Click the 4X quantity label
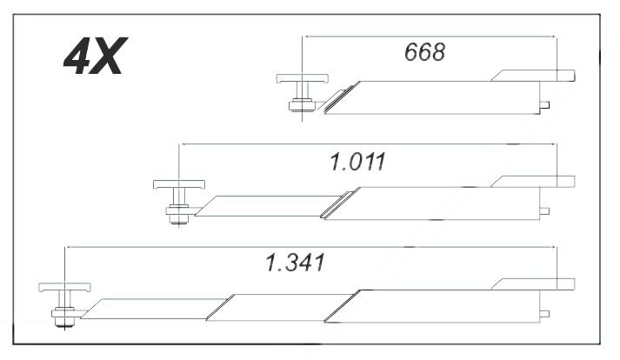[96, 56]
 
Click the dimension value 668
[424, 52]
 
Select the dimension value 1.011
[357, 162]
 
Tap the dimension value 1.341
[296, 263]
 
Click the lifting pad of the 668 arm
[303, 78]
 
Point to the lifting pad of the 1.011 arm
[179, 184]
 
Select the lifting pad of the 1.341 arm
[64, 287]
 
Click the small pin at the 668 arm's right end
[544, 105]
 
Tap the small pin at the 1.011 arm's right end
[544, 210]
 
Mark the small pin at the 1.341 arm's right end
[544, 314]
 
